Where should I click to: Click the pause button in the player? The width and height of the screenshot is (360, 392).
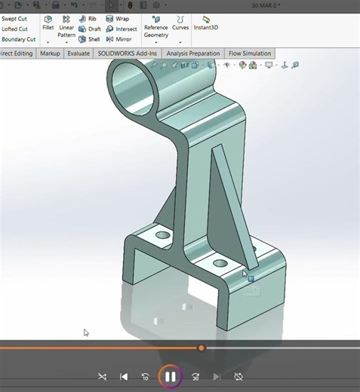click(171, 376)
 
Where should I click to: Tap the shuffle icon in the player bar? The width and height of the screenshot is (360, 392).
click(103, 376)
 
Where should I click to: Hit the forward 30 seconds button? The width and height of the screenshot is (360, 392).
click(195, 376)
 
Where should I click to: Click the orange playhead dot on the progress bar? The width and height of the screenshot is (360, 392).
click(201, 348)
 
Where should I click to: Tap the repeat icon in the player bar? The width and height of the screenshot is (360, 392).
click(238, 376)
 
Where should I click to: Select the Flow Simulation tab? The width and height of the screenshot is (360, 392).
click(250, 54)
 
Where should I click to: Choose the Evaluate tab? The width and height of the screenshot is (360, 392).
click(78, 54)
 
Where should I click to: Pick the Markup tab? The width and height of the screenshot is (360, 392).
click(50, 54)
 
